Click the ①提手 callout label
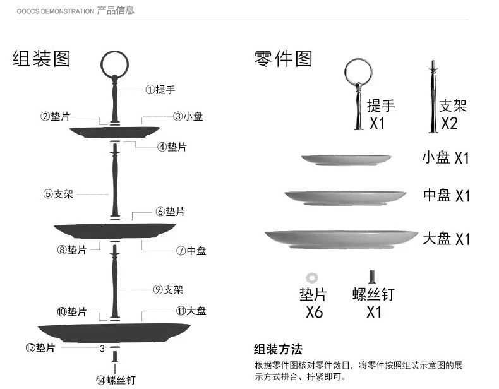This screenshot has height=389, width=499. (160, 90)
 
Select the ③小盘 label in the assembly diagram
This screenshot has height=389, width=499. (188, 116)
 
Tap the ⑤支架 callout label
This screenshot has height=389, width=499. (58, 194)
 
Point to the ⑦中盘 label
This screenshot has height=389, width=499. (191, 251)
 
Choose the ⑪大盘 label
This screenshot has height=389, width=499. (191, 311)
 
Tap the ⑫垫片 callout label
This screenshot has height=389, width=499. (40, 348)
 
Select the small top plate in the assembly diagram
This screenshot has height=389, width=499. (114, 132)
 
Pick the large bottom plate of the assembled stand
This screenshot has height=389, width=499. (114, 332)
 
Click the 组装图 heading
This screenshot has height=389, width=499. (42, 59)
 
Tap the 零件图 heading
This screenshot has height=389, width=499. (284, 59)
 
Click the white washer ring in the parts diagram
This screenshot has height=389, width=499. (311, 277)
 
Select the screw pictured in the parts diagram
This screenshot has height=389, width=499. (372, 277)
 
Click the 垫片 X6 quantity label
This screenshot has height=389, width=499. (313, 302)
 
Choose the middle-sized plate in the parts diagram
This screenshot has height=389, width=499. (345, 197)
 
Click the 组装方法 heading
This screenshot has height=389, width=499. (278, 349)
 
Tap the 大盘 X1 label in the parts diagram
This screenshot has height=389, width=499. (446, 239)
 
